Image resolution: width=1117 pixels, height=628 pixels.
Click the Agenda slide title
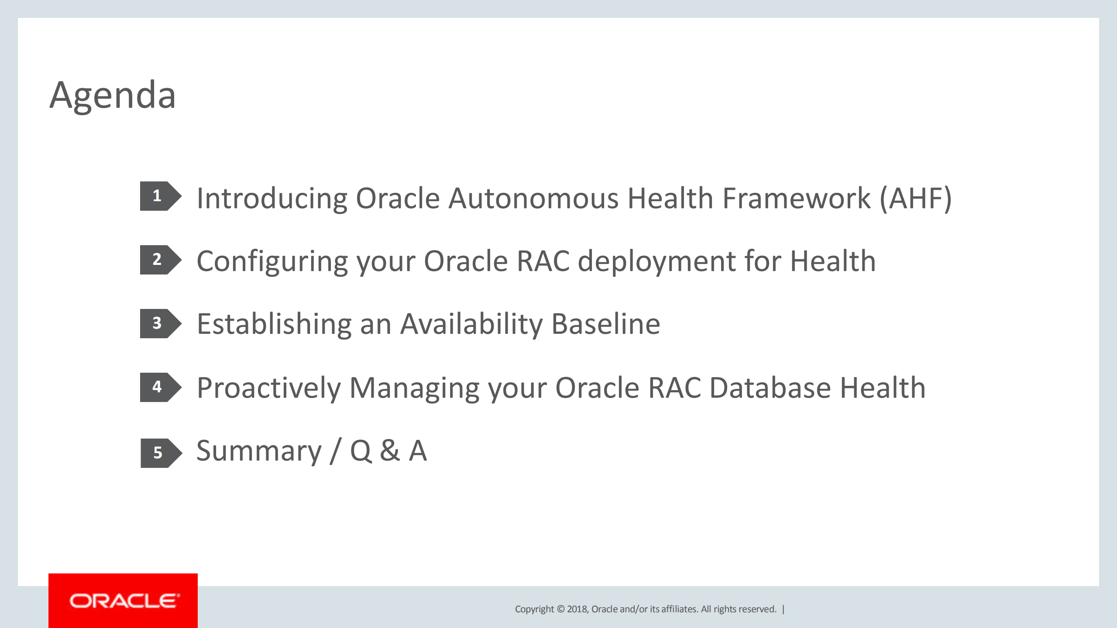[x=113, y=95]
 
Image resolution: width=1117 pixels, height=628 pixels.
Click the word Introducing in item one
[x=272, y=199]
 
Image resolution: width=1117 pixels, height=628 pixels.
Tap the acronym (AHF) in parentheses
[x=915, y=199]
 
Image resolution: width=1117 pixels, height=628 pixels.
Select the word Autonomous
[x=533, y=199]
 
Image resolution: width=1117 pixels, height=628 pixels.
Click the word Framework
[x=797, y=199]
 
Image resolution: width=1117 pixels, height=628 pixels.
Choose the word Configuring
[x=272, y=262]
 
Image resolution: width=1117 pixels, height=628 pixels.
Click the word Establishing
[x=274, y=324]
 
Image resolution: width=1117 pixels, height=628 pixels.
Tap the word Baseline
[x=606, y=324]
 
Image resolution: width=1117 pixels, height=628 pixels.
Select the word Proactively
[x=268, y=388]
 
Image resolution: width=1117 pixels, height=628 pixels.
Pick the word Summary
[x=259, y=451]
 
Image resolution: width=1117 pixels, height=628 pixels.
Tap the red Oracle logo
[x=123, y=601]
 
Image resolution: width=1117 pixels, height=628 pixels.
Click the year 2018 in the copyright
[x=577, y=609]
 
